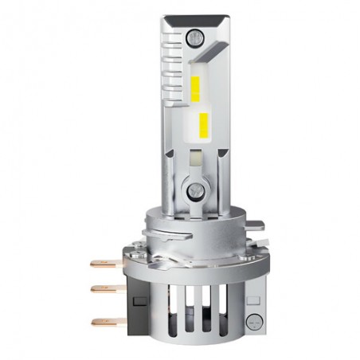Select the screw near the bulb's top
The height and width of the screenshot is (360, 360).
[194, 37]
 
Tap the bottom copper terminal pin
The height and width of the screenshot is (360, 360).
[101, 322]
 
